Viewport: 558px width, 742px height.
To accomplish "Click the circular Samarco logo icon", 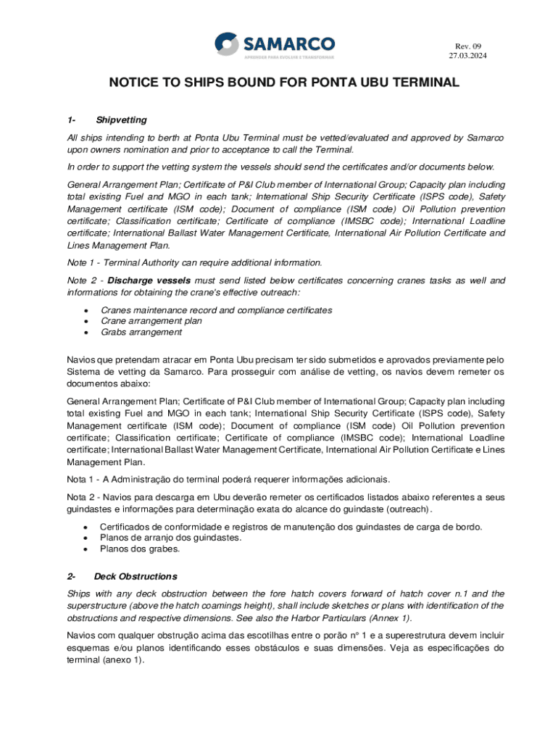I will pos(227,43).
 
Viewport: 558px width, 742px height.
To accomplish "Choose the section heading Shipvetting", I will pos(121,120).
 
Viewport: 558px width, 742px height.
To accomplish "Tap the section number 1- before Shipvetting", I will pos(71,120).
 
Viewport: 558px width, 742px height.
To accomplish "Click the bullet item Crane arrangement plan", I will pos(151,321).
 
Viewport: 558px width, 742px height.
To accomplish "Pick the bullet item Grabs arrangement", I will pos(141,332).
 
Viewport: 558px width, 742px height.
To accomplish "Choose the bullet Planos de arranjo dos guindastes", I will pos(171,538).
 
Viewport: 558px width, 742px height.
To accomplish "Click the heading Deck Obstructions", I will pos(136,577).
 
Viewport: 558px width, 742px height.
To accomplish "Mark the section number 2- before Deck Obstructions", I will pos(71,577).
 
